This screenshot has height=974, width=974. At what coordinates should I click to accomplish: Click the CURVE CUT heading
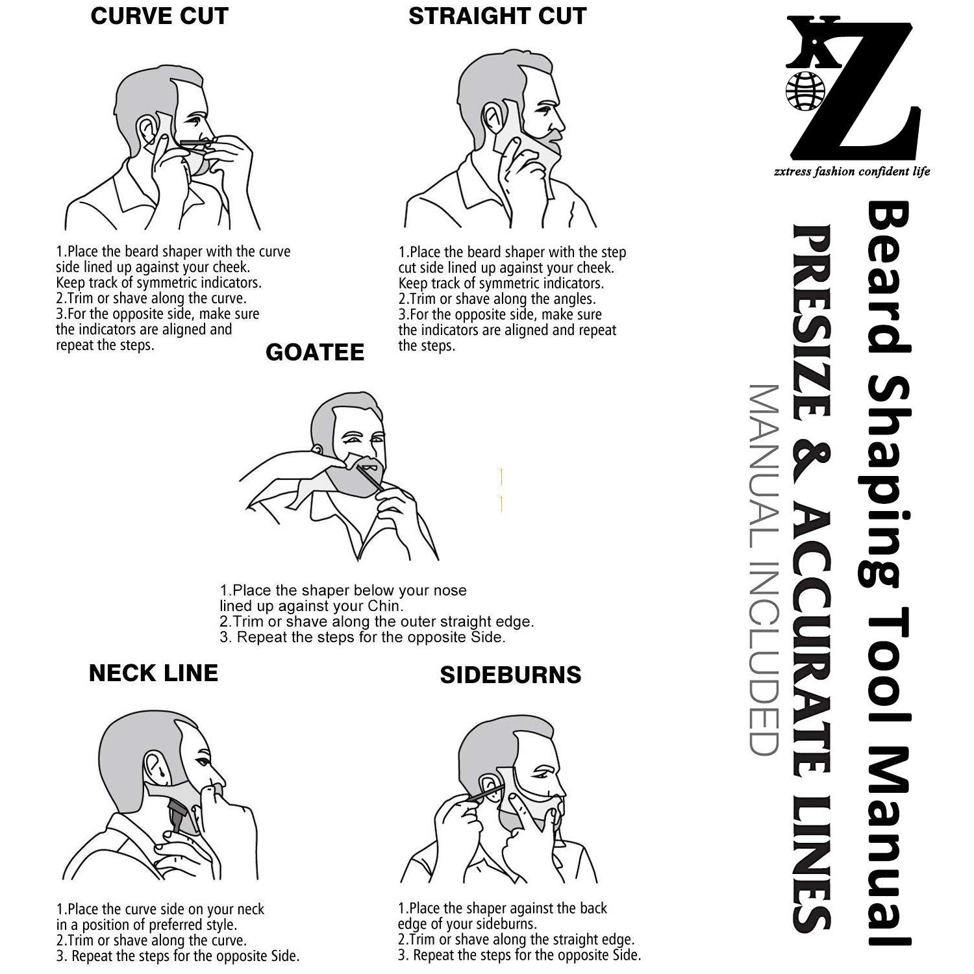(x=159, y=16)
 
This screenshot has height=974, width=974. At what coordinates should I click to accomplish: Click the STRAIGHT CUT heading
(x=497, y=16)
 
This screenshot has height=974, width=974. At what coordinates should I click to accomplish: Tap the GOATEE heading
(x=315, y=352)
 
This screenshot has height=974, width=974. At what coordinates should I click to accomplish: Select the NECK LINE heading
(x=153, y=673)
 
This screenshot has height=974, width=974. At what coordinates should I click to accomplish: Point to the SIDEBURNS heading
(x=510, y=675)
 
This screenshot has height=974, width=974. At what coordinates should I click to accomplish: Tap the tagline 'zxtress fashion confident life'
(x=852, y=171)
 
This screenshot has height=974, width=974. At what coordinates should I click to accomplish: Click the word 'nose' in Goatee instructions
(x=451, y=591)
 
